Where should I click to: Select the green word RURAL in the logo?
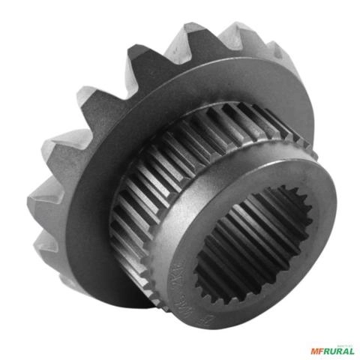point(338,350)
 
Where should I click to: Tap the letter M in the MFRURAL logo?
point(313,350)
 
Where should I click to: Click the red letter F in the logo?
point(321,350)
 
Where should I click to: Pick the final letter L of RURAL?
point(352,350)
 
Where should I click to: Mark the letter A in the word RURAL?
point(346,350)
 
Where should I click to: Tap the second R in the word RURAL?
point(340,350)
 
